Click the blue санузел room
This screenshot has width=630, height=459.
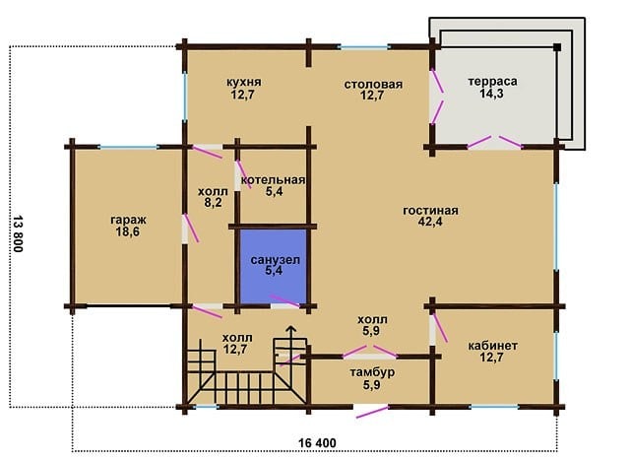(x=274, y=266)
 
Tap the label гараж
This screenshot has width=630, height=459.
(x=128, y=221)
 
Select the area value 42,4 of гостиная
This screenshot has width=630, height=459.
(x=430, y=222)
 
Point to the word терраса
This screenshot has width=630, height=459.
(x=492, y=81)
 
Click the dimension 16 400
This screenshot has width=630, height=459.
(x=317, y=443)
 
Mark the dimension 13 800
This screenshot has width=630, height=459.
(x=18, y=233)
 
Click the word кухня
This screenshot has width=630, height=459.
(x=244, y=82)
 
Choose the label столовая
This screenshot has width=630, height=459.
(x=373, y=85)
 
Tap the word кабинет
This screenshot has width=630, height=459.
(x=492, y=346)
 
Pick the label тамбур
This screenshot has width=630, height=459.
(x=372, y=372)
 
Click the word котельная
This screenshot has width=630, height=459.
(x=274, y=179)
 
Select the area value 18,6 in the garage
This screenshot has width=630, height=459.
(x=128, y=231)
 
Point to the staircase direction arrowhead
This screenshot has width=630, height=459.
(x=291, y=329)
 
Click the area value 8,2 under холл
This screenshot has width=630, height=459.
(x=213, y=203)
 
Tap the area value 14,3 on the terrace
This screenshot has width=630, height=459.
(x=492, y=94)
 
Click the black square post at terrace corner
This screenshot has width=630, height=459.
(x=557, y=47)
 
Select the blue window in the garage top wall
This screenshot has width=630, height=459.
(x=128, y=147)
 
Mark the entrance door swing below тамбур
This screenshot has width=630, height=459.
(x=372, y=412)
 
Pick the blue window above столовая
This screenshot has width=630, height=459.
(x=364, y=47)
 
